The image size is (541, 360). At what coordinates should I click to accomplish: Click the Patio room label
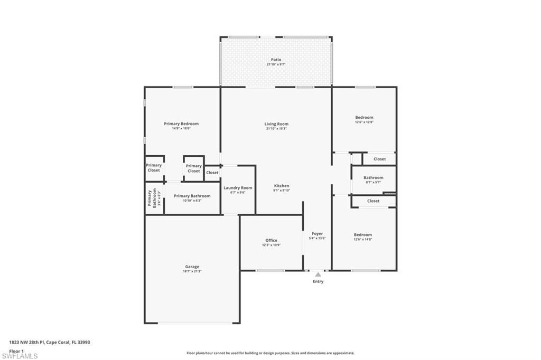(276, 60)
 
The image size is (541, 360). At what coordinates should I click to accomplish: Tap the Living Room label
(276, 124)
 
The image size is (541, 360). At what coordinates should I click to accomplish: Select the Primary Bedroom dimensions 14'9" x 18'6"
(181, 128)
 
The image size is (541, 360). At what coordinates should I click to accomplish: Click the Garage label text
(192, 267)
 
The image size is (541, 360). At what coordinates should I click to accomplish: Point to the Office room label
(271, 240)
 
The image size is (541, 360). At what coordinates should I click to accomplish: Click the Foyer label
(317, 233)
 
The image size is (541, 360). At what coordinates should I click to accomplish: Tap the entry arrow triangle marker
(318, 274)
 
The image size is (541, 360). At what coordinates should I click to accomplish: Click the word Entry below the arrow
(318, 281)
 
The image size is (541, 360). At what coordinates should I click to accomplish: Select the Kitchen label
(281, 186)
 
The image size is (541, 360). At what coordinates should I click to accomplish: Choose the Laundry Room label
(238, 187)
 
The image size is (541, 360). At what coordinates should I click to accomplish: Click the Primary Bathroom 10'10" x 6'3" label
(192, 196)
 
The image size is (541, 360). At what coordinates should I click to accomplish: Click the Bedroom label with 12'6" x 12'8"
(364, 117)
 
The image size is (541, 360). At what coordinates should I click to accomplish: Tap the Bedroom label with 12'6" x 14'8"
(363, 234)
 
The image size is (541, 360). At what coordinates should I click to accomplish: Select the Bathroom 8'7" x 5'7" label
(373, 177)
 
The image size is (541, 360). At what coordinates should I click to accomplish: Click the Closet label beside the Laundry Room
(212, 173)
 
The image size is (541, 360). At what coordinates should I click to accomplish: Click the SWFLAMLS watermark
(20, 356)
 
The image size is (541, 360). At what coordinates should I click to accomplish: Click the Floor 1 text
(16, 350)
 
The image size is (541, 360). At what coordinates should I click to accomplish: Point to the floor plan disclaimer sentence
(270, 353)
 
